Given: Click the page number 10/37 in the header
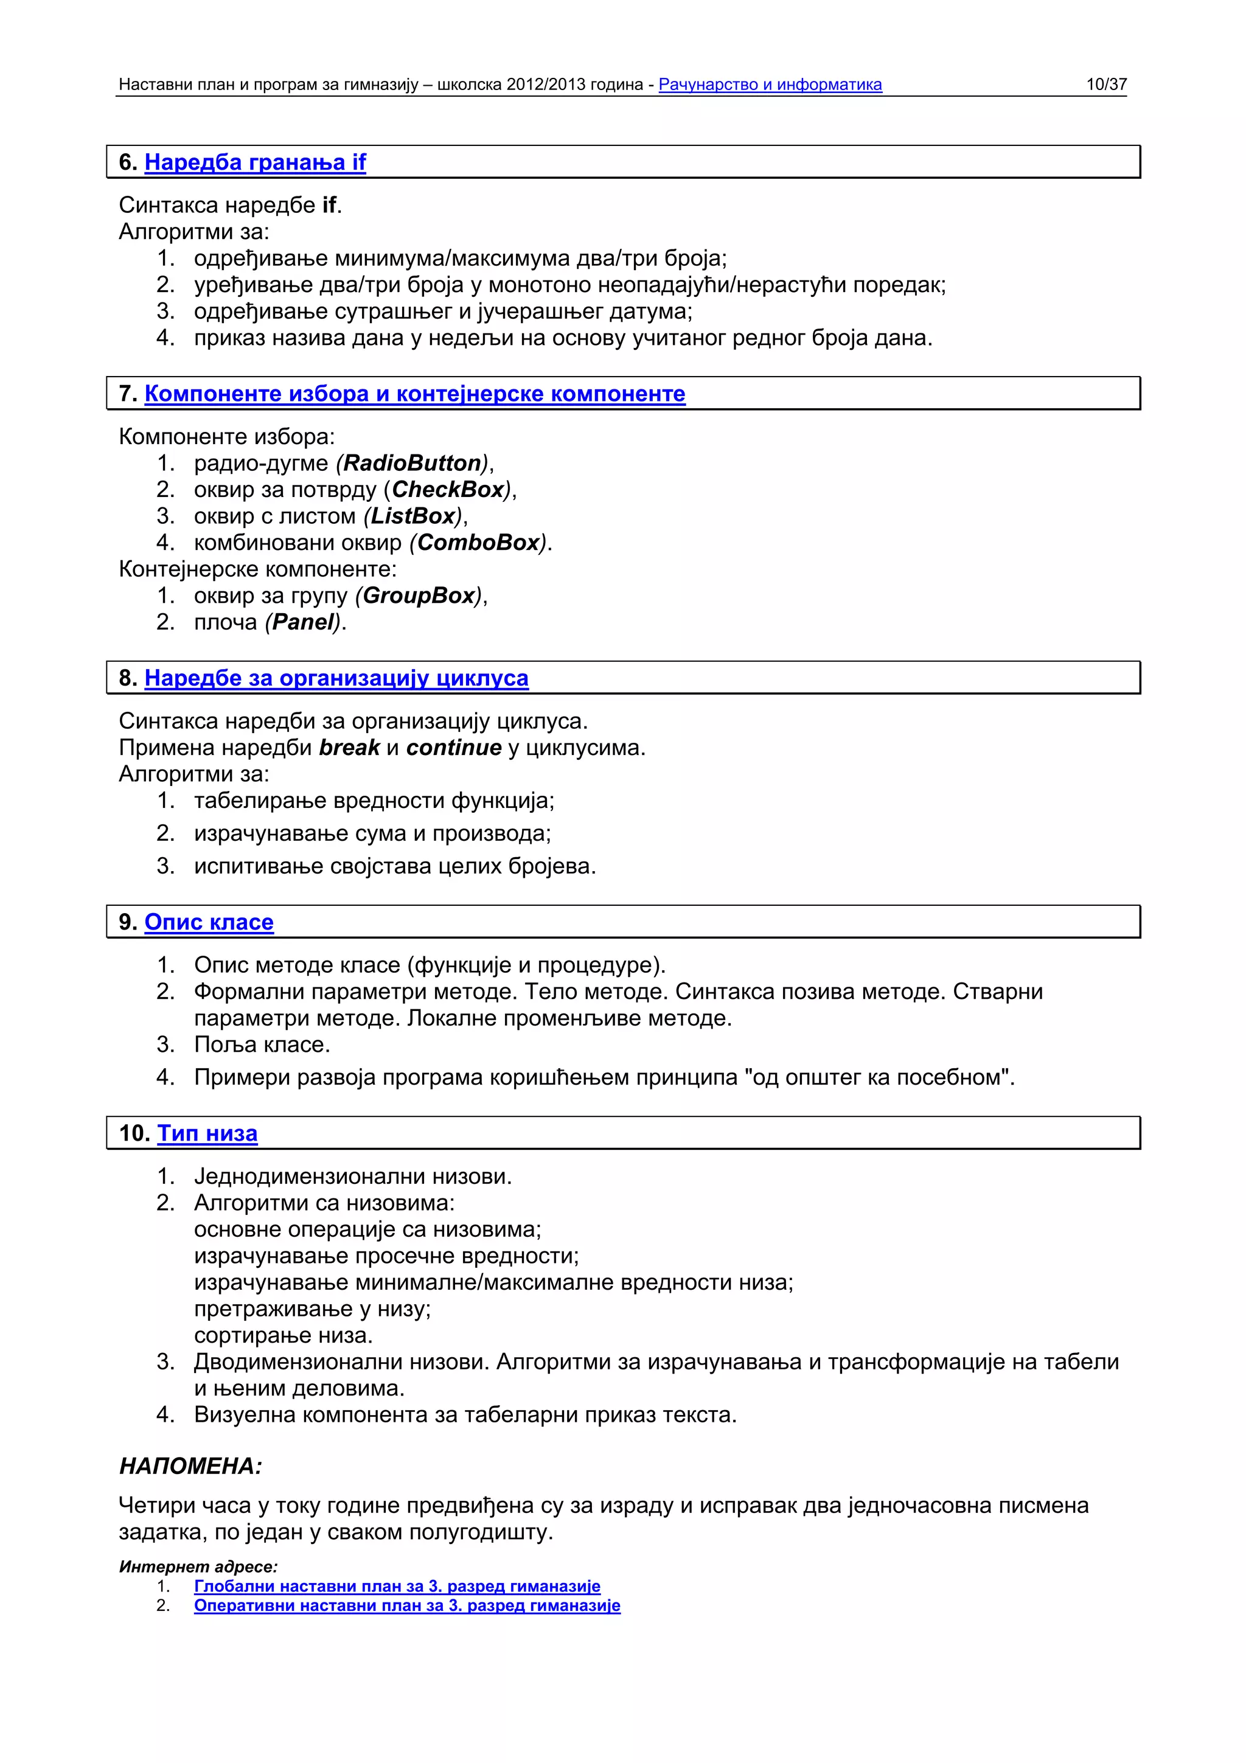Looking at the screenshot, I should pyautogui.click(x=1105, y=85).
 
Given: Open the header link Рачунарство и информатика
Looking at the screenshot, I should pyautogui.click(x=770, y=85).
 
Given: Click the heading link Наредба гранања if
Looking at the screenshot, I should pyautogui.click(x=255, y=163).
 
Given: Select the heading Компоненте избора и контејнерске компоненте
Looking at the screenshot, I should pyautogui.click(x=414, y=394).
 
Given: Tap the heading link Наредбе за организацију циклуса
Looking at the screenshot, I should pyautogui.click(x=336, y=679).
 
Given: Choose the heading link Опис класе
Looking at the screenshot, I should pyautogui.click(x=209, y=922).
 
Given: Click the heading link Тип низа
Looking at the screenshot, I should pyautogui.click(x=207, y=1133).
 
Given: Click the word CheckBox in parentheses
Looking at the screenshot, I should pyautogui.click(x=448, y=490).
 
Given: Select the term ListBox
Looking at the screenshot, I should pyautogui.click(x=413, y=516).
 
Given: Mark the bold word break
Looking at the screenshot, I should pyautogui.click(x=349, y=748).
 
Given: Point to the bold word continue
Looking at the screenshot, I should pyautogui.click(x=454, y=748).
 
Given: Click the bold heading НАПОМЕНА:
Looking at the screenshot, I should pyautogui.click(x=190, y=1467).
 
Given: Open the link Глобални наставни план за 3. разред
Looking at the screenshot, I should pyautogui.click(x=397, y=1587).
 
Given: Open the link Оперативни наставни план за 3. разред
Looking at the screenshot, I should pyautogui.click(x=407, y=1605).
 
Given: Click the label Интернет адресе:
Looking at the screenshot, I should pyautogui.click(x=198, y=1567).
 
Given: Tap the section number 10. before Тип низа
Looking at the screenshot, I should pyautogui.click(x=134, y=1133).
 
